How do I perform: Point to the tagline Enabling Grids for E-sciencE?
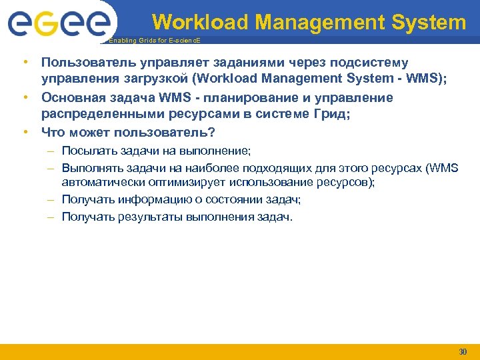coord(153,41)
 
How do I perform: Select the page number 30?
coord(463,351)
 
